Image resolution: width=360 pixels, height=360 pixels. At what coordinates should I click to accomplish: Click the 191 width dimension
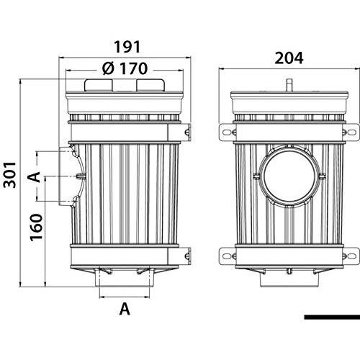click(127, 47)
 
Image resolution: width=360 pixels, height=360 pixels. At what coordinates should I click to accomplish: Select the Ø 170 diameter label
click(125, 68)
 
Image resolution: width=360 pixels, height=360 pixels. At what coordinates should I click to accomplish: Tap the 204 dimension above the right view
click(289, 58)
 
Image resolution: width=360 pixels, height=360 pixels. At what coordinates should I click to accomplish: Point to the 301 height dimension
click(10, 175)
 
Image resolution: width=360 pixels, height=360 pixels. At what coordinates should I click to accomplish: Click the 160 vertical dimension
click(36, 227)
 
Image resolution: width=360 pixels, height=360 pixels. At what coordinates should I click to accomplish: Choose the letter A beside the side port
click(34, 177)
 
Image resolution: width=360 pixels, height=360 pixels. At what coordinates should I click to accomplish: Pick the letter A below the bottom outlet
click(125, 309)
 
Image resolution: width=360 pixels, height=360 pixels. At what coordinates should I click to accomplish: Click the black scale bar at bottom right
click(332, 317)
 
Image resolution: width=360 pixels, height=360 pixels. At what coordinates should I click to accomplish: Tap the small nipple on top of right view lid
click(290, 85)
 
